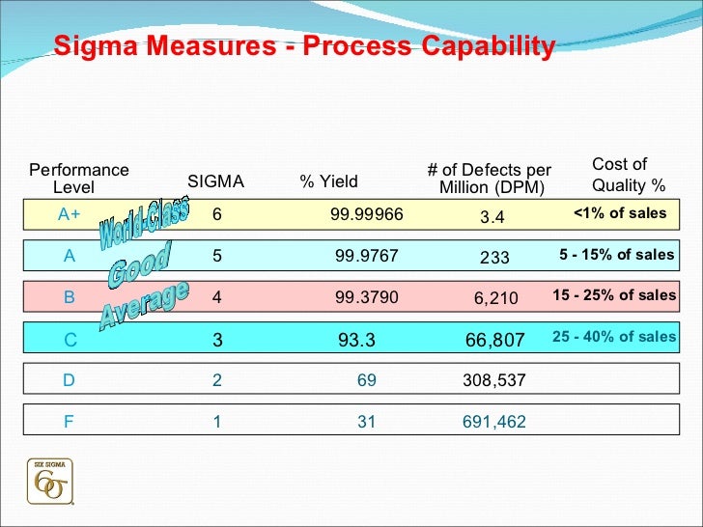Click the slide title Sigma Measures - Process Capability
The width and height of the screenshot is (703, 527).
304,46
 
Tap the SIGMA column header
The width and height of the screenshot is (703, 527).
215,181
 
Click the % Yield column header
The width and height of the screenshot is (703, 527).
328,181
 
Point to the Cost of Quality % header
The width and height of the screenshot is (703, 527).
628,175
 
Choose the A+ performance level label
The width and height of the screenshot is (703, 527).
69,215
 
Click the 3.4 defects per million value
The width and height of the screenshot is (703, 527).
492,217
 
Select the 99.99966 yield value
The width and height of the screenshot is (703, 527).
366,215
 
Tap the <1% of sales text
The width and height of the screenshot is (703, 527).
619,213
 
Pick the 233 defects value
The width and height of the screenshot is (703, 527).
494,258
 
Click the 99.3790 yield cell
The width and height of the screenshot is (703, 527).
366,297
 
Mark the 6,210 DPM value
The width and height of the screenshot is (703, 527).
495,299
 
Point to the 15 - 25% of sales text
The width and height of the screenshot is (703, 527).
614,295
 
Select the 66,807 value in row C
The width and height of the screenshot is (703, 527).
494,340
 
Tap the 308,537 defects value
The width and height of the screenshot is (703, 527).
494,380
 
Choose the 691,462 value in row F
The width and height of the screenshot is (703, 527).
494,421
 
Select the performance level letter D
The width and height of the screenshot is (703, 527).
69,380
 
